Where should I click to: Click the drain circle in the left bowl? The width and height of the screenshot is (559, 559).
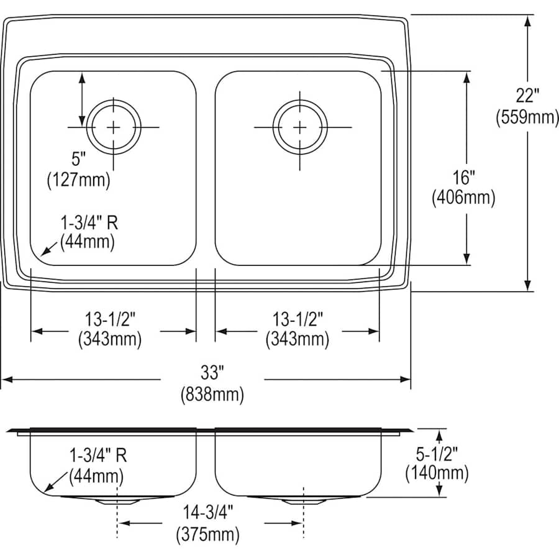click(x=114, y=127)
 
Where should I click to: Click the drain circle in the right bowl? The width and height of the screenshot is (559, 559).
click(x=300, y=127)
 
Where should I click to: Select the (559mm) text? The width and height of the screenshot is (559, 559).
click(x=527, y=117)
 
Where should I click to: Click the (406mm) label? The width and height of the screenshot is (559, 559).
click(x=463, y=198)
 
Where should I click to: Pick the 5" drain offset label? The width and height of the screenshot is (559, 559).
click(x=79, y=159)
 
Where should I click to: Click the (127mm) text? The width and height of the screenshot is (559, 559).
click(x=79, y=180)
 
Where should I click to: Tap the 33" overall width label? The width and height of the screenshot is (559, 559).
click(x=212, y=373)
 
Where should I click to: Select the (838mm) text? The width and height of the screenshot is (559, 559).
click(x=212, y=394)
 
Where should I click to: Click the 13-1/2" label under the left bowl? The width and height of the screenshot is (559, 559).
click(x=110, y=319)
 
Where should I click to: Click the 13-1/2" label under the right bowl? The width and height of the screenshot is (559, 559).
click(x=298, y=319)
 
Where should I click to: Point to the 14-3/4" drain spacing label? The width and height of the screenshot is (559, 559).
click(x=208, y=513)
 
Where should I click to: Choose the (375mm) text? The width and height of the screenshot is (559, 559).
click(x=208, y=534)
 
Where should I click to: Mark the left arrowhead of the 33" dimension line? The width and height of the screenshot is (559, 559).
click(x=6, y=379)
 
